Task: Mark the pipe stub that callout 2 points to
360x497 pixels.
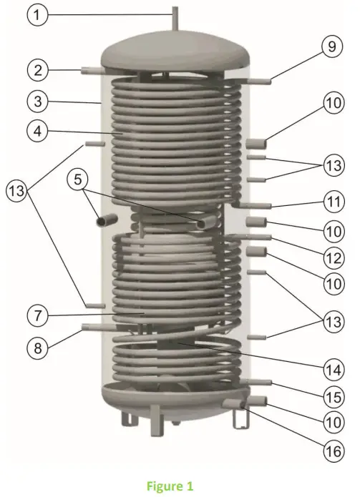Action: point(92,69)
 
